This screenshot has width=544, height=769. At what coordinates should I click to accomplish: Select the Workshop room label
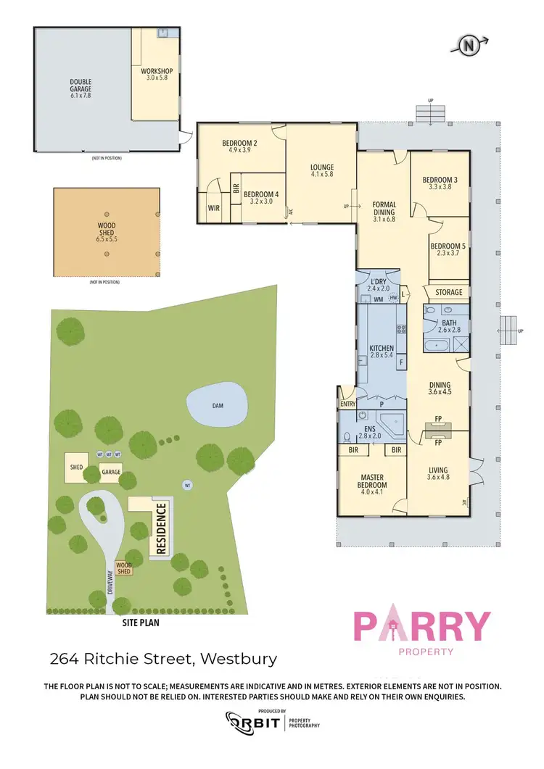pos(154,74)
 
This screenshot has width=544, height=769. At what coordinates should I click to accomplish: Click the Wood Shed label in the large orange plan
pos(107,230)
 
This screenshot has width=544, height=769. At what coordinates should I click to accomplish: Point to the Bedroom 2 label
pos(240,146)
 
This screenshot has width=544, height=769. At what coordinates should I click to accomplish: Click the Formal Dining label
pos(383,210)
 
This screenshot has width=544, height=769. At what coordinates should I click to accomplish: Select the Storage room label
pos(448,292)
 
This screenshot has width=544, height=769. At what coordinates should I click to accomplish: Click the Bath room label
pos(449,325)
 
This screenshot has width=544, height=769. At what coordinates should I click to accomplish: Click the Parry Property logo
pos(421,631)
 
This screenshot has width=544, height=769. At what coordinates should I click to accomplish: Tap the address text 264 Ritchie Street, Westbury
pos(163,659)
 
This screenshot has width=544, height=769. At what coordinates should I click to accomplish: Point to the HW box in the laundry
pos(393,297)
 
